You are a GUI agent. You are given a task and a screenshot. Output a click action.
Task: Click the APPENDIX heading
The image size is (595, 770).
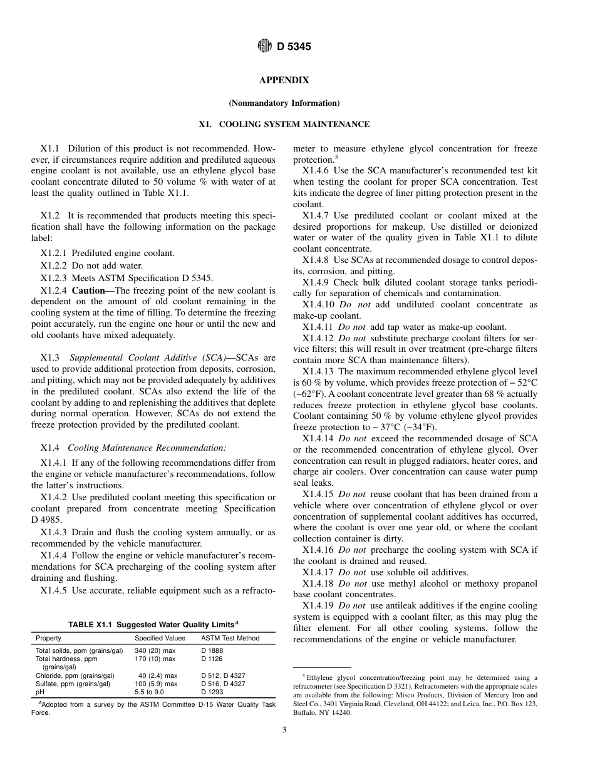284,80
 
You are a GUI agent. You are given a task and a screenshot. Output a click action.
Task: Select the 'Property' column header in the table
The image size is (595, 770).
48,639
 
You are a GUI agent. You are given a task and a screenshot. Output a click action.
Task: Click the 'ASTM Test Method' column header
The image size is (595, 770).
230,639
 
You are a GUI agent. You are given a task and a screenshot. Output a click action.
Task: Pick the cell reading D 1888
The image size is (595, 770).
212,651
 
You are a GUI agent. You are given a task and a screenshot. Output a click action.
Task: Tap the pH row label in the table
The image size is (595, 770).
39,692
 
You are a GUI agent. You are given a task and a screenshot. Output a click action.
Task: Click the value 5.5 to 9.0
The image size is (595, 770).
149,692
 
